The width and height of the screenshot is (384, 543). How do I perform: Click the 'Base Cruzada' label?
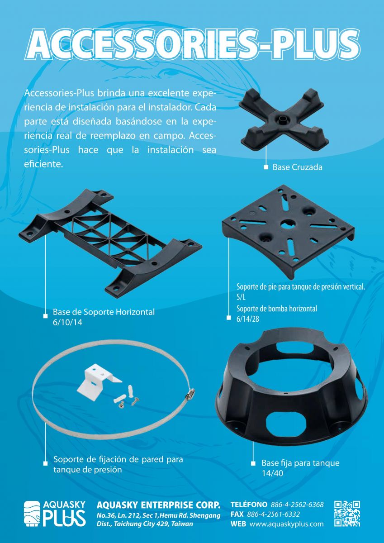297,167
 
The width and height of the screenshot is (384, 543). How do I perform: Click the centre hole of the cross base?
282,119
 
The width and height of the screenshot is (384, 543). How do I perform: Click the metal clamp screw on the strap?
190,394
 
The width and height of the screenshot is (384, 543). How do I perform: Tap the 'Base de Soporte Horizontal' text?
104,312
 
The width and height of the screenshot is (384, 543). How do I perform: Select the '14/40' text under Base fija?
272,473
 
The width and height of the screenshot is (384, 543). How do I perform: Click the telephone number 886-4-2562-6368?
297,505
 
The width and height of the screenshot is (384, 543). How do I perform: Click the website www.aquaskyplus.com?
287,524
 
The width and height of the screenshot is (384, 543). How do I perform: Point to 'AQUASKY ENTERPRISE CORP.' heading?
158,505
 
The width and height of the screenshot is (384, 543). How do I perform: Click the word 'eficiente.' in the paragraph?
43,164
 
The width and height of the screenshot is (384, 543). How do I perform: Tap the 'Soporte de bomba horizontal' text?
277,309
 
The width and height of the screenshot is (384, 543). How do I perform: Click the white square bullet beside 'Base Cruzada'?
266,167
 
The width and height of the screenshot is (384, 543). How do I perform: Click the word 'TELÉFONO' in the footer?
249,505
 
